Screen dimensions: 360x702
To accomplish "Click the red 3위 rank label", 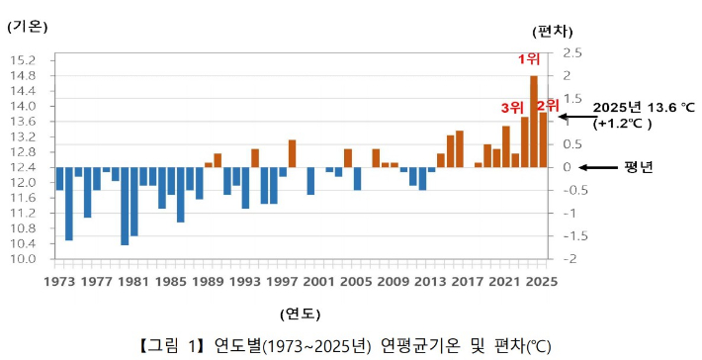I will click(x=512, y=107).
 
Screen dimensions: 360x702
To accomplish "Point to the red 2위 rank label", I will click(x=548, y=104).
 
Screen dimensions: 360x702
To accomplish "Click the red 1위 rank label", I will click(x=530, y=58).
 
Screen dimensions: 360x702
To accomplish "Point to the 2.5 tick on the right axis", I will click(x=572, y=52).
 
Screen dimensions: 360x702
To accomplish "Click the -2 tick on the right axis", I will click(x=570, y=259).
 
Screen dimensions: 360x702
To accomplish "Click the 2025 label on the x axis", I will click(x=542, y=281).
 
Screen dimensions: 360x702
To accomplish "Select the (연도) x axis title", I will click(x=299, y=314).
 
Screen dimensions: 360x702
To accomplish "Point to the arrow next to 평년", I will click(x=597, y=167).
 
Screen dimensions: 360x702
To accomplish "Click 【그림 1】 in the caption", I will click(x=174, y=345).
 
